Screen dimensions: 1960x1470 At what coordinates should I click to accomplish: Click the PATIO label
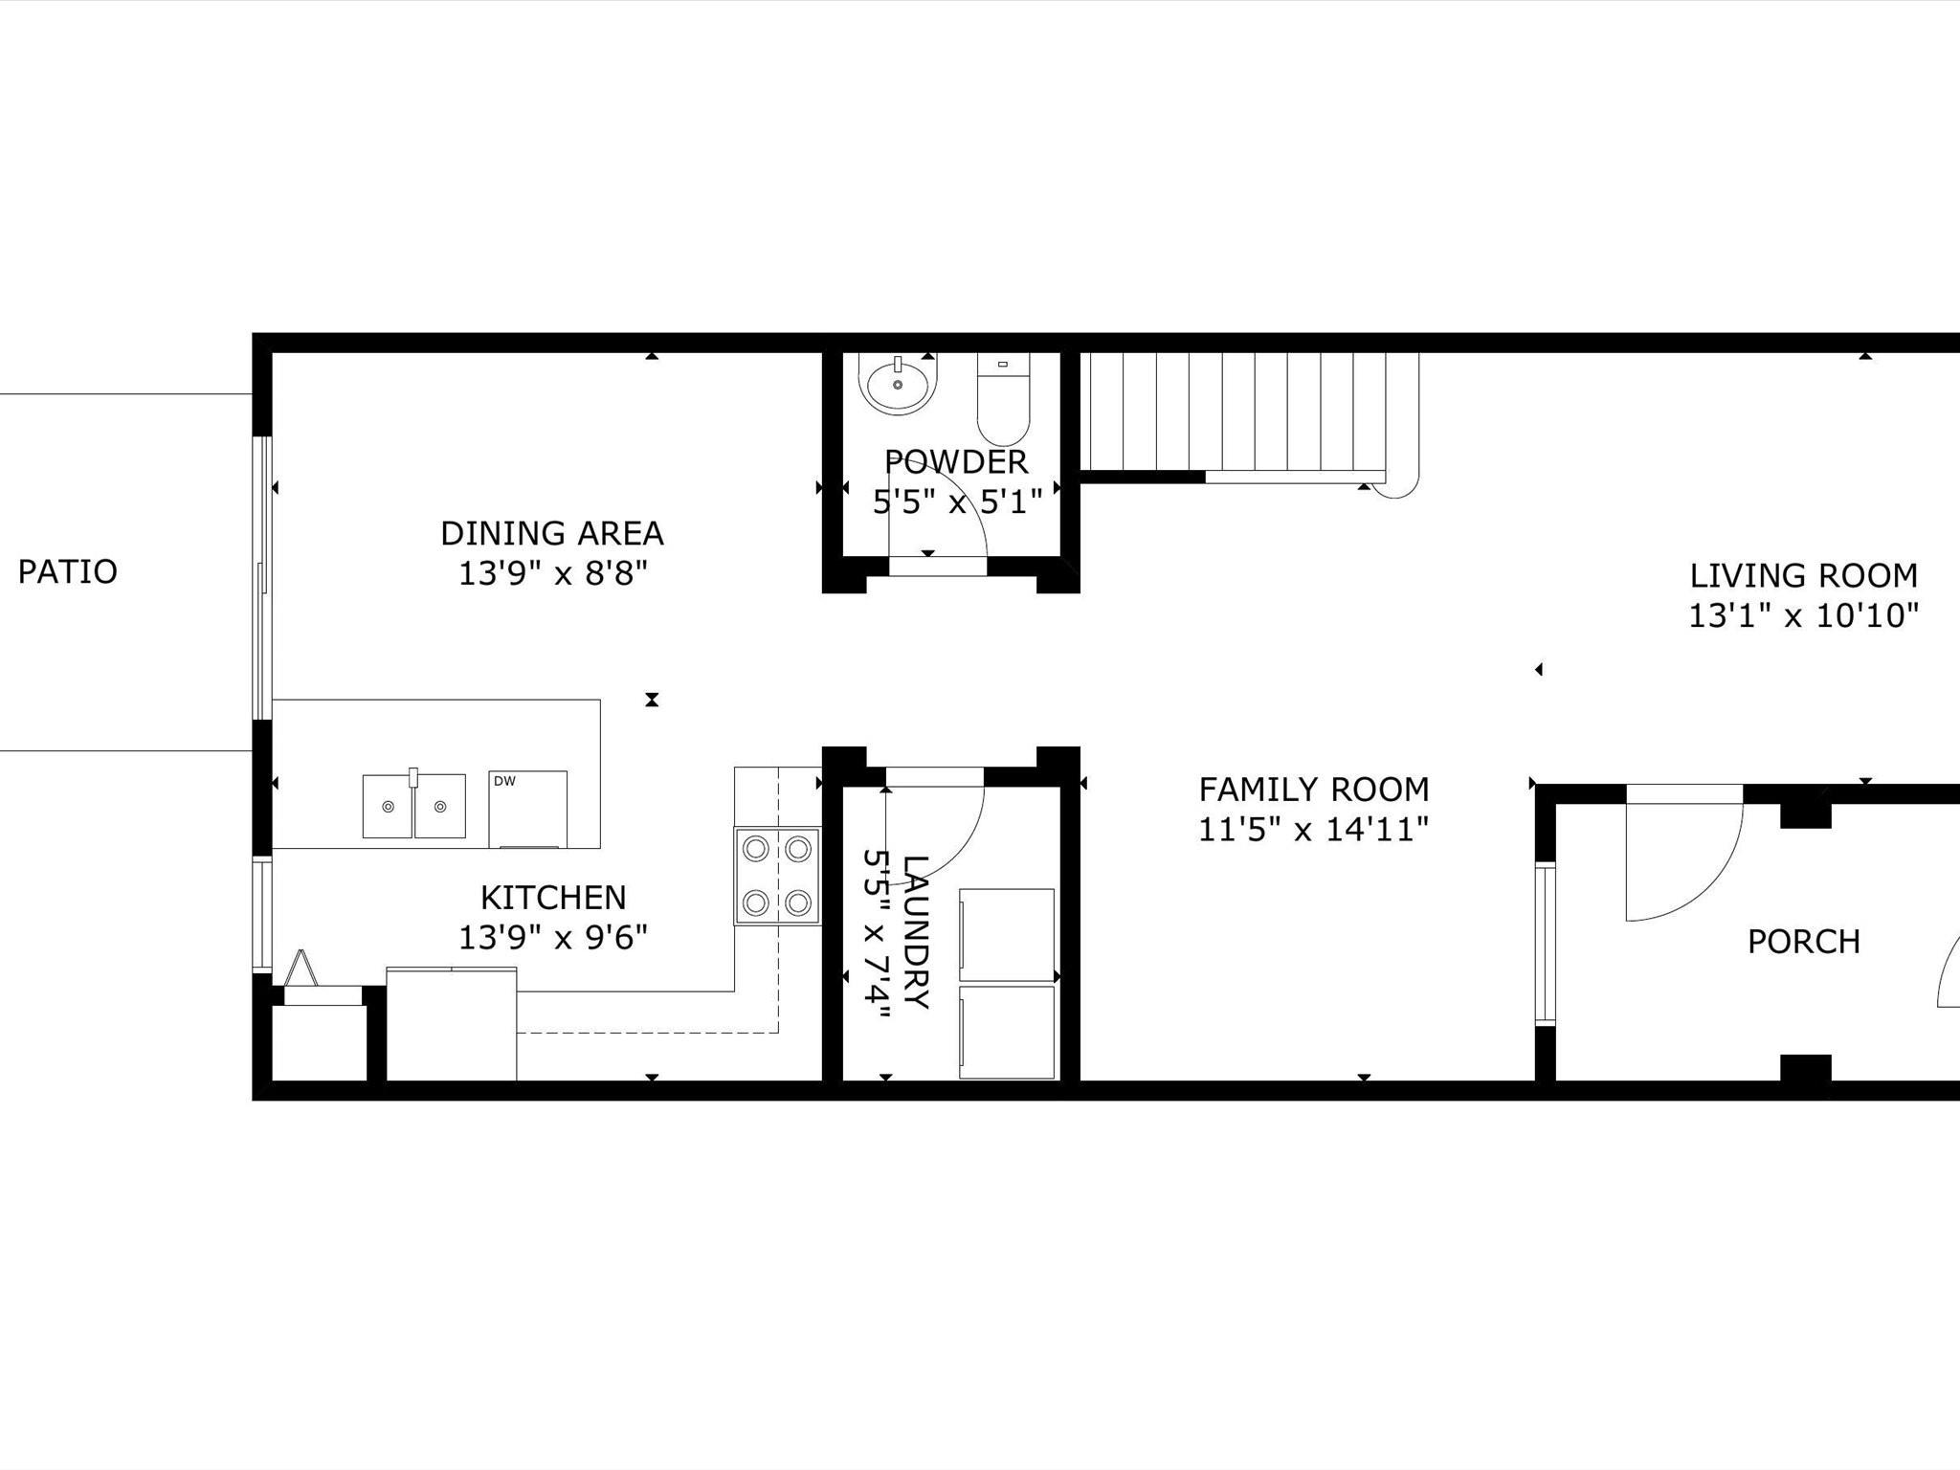(x=68, y=571)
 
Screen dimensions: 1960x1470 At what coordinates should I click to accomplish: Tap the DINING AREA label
(x=552, y=533)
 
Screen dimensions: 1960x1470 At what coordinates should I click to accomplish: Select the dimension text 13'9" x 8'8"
(x=553, y=573)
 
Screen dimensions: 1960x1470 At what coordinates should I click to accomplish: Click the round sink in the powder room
(x=897, y=383)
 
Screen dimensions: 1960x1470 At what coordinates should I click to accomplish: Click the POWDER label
(x=956, y=461)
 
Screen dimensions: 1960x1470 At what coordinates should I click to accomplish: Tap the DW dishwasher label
(x=504, y=781)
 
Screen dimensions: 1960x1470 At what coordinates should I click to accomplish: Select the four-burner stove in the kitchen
(x=777, y=876)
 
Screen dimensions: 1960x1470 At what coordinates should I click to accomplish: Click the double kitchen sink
(x=413, y=806)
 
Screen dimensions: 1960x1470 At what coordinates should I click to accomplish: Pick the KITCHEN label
(x=553, y=898)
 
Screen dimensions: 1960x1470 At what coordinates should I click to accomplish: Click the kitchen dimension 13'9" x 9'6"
(x=553, y=938)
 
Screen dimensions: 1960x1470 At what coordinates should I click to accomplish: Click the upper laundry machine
(x=1007, y=935)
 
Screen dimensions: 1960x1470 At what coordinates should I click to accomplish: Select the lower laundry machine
(x=1007, y=1032)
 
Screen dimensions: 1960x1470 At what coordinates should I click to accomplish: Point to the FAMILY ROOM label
(x=1314, y=790)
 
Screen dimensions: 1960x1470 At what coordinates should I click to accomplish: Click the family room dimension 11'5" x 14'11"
(x=1314, y=829)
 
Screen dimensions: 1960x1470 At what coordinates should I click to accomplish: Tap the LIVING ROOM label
(x=1804, y=575)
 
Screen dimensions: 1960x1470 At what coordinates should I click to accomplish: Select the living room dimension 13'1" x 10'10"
(x=1804, y=615)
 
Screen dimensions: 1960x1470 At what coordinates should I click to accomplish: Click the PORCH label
(x=1804, y=942)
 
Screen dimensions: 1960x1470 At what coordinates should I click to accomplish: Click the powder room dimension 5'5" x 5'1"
(x=957, y=501)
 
